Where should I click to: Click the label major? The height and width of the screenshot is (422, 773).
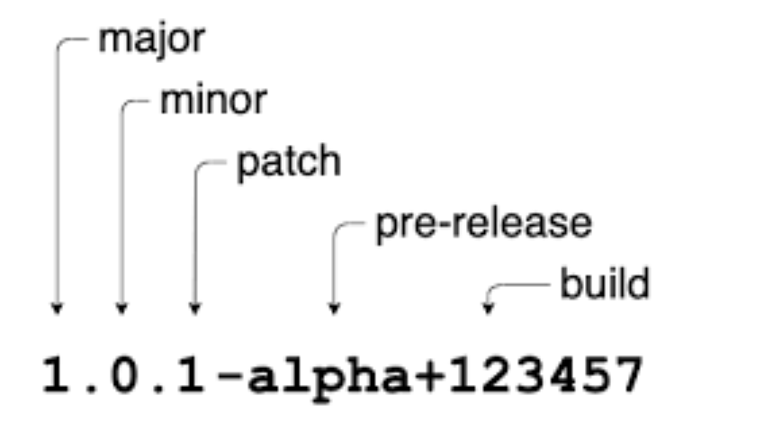coord(151,40)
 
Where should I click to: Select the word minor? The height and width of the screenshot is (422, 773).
coord(212,100)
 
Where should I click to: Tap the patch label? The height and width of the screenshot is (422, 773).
coord(288,163)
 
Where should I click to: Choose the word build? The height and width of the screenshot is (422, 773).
coord(604,283)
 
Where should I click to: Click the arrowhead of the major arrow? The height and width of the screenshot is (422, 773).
coord(58,309)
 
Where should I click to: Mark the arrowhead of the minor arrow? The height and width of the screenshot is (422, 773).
coord(122,309)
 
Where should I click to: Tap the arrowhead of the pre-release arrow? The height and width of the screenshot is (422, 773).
coord(334,309)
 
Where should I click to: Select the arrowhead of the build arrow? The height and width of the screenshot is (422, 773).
coord(488,309)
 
